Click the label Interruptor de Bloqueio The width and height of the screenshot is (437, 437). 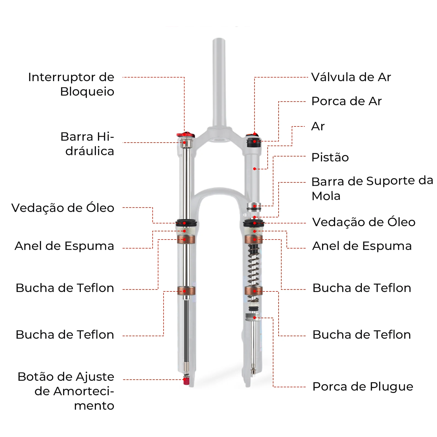click(71, 84)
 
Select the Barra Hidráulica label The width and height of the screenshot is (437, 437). click(87, 144)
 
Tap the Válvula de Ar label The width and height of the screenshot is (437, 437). click(351, 77)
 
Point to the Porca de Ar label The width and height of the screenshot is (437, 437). click(346, 101)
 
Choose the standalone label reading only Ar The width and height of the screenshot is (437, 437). click(318, 126)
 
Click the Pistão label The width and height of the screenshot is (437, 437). click(330, 157)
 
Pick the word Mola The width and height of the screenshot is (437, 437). click(326, 196)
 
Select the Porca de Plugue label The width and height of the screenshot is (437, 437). click(362, 387)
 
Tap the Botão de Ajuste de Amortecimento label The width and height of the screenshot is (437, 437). click(66, 391)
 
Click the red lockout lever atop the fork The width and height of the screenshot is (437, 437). click(185, 135)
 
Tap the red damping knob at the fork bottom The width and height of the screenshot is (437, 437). click(187, 380)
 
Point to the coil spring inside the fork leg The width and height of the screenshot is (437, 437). click(253, 265)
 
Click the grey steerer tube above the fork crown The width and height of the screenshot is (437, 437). click(219, 82)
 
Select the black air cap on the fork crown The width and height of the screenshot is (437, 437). click(254, 143)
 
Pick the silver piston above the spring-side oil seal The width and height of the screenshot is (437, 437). click(254, 206)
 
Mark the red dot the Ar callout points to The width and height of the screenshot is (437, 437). click(255, 169)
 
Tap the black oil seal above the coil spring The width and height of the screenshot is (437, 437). click(253, 223)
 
